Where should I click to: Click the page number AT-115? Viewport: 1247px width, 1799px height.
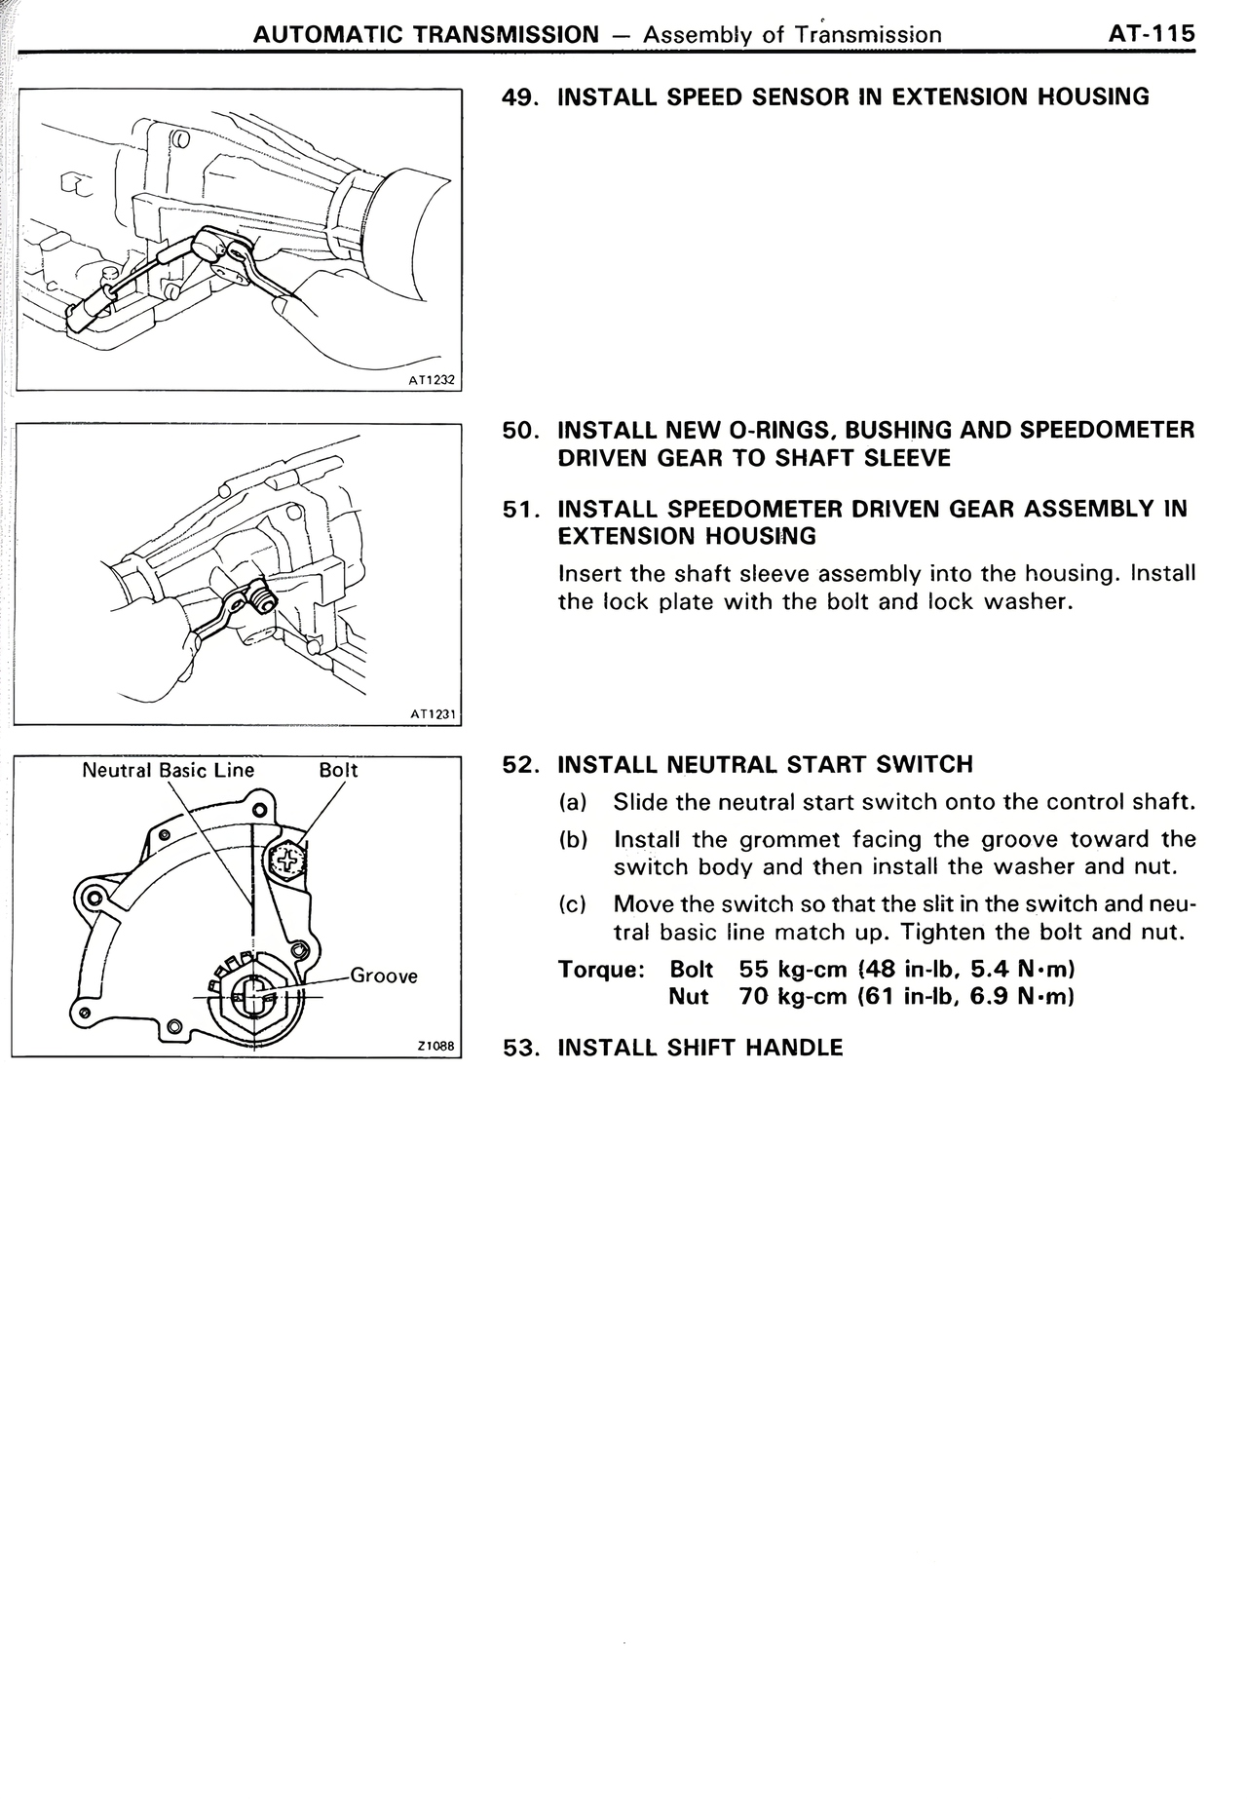click(1151, 34)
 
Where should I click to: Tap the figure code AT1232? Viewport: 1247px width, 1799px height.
click(432, 382)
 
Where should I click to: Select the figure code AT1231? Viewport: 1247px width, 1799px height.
click(433, 714)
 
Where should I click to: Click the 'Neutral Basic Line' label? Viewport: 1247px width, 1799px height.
click(168, 770)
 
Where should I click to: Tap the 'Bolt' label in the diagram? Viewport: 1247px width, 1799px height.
click(338, 770)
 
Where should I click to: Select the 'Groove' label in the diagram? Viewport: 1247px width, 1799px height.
click(383, 976)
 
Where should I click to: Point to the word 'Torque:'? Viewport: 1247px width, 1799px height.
click(601, 970)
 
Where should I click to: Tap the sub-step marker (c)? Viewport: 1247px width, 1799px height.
click(573, 904)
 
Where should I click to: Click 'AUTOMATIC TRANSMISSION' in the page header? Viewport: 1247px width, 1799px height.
click(426, 35)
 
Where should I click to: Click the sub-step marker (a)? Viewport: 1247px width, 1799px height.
click(573, 802)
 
